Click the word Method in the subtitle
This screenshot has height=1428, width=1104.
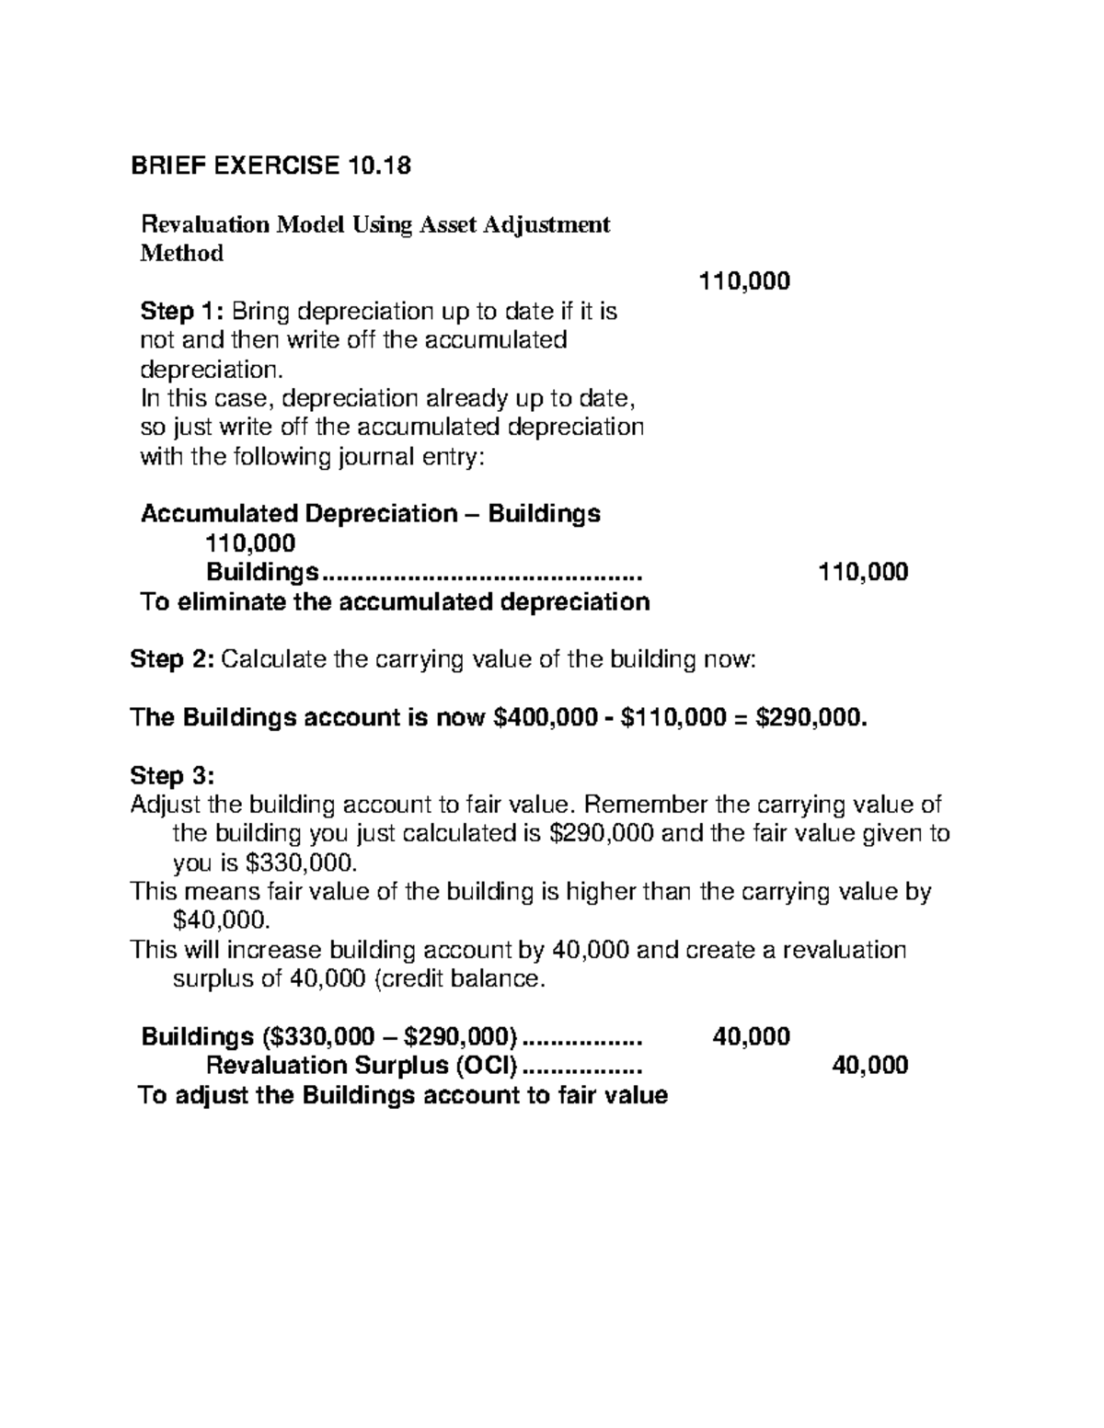pyautogui.click(x=181, y=254)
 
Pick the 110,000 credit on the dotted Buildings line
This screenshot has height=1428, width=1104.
pyautogui.click(x=863, y=572)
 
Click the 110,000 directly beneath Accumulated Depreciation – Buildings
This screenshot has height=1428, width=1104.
pyautogui.click(x=250, y=543)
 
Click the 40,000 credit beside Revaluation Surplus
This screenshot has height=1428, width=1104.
pyautogui.click(x=869, y=1066)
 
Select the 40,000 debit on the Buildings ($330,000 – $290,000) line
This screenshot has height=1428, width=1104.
pyautogui.click(x=751, y=1037)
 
